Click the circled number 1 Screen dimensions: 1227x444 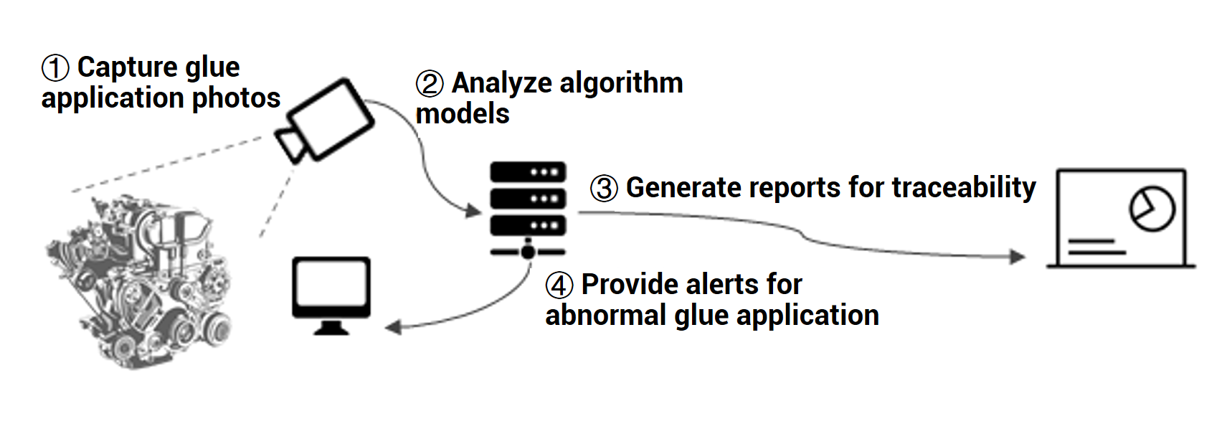(55, 69)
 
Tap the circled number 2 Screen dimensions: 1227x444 (430, 85)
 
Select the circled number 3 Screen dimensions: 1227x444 (604, 189)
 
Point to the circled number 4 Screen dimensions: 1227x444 (559, 285)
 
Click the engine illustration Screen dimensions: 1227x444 (139, 282)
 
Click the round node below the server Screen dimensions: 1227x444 (528, 252)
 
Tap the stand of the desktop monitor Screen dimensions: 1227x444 (331, 327)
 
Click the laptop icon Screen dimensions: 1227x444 (1121, 219)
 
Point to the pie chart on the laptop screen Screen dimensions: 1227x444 (1152, 209)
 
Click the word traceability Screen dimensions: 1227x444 (964, 188)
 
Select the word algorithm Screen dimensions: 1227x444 (621, 85)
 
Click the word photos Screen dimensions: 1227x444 (236, 100)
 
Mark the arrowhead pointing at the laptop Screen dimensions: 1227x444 (1018, 257)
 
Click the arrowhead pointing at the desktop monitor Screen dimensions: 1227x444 (393, 328)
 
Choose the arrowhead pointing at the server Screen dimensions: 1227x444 (473, 210)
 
